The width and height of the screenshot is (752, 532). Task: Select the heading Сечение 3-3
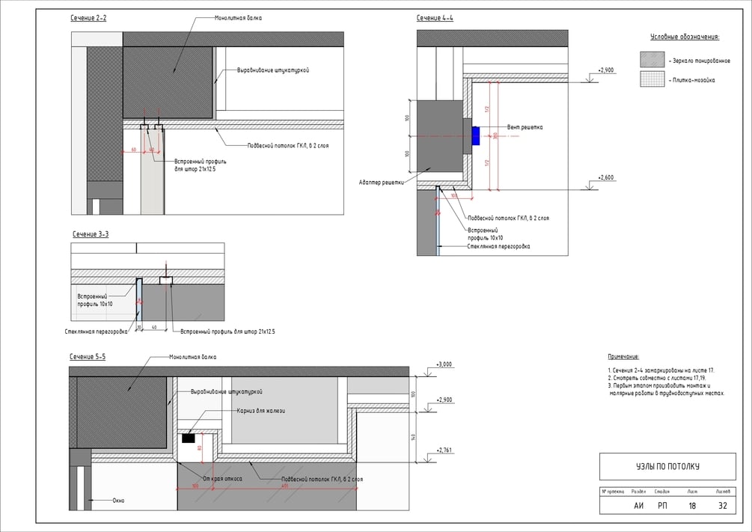tap(91, 234)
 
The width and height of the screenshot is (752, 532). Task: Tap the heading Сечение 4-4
tap(435, 17)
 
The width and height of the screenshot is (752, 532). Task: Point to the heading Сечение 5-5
tap(88, 357)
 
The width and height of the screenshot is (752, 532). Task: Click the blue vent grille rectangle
tap(476, 136)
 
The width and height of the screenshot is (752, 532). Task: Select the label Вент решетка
tap(525, 127)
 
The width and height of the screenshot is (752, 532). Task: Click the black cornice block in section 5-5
tap(189, 438)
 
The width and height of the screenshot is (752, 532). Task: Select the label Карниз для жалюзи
tap(261, 410)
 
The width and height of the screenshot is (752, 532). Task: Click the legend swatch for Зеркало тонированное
tap(652, 60)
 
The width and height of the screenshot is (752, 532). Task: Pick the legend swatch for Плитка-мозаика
tap(652, 79)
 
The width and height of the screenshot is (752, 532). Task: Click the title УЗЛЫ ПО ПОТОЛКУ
tap(662, 467)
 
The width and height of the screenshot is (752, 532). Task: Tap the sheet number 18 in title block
tap(692, 505)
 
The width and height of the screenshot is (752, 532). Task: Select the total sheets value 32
tap(723, 505)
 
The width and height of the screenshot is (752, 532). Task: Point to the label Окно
tap(118, 500)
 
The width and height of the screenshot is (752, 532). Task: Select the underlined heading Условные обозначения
tap(685, 36)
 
